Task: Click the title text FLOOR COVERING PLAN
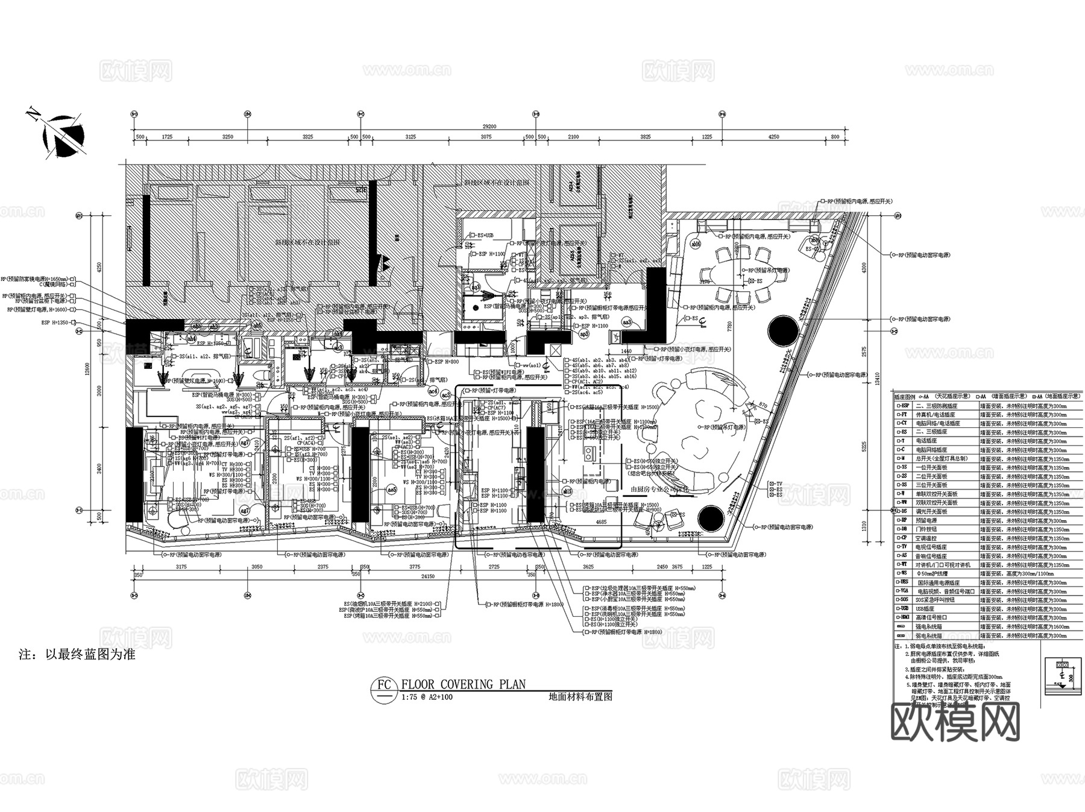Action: tap(463, 684)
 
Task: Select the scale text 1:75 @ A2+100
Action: tap(426, 697)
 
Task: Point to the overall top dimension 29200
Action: tap(489, 127)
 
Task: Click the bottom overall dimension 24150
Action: tap(427, 576)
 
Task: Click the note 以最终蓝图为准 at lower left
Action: tap(77, 655)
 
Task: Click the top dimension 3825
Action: tap(645, 137)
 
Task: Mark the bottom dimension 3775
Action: tap(414, 567)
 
